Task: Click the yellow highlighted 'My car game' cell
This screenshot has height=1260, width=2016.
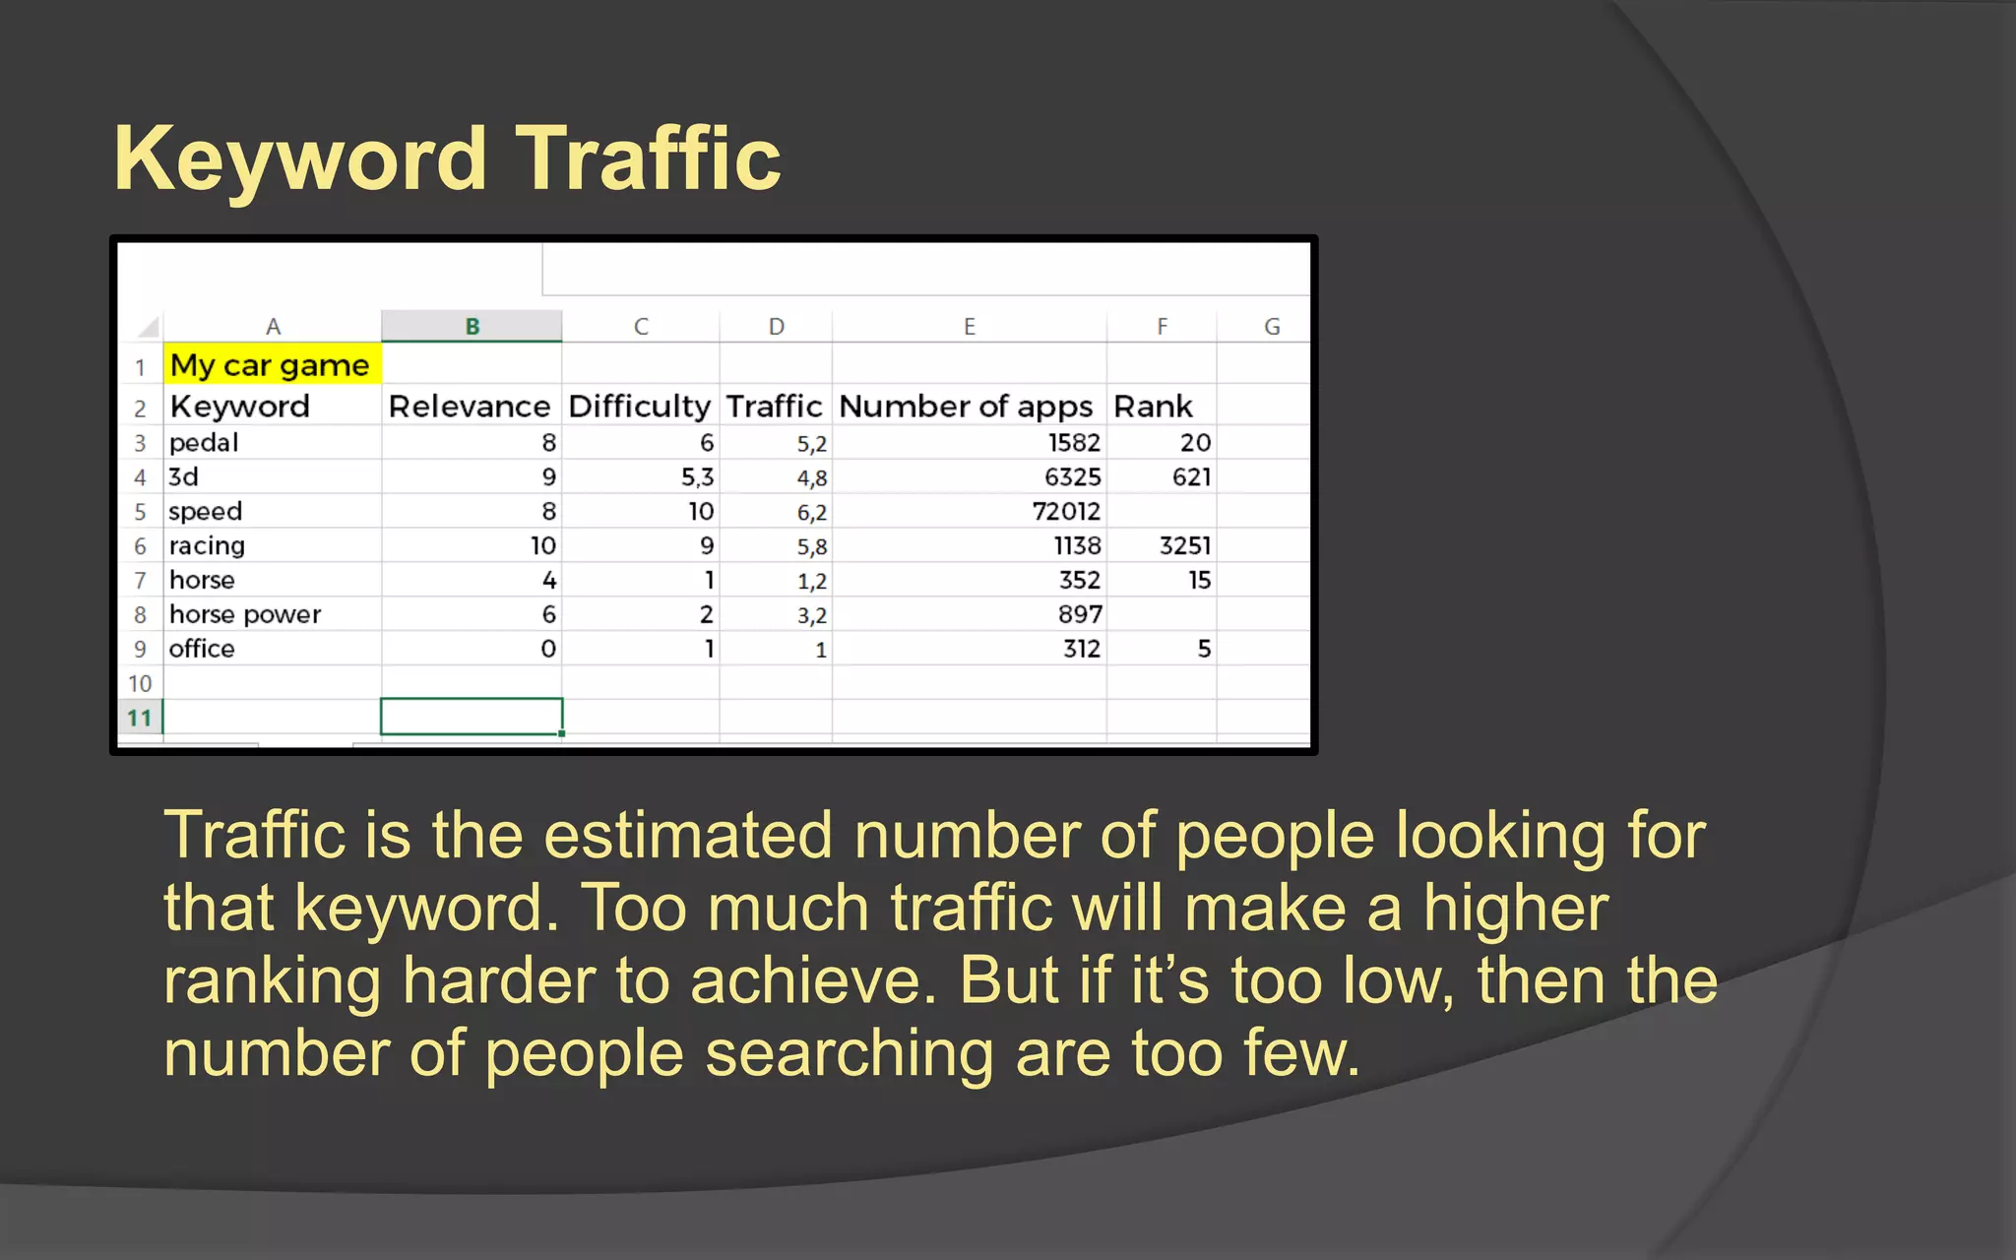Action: coord(271,365)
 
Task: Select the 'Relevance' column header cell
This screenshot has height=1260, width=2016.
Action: coord(470,407)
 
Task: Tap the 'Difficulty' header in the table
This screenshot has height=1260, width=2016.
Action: coord(640,407)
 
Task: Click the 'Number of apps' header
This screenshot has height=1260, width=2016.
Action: coord(966,407)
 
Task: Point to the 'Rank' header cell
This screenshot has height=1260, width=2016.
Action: coord(1153,407)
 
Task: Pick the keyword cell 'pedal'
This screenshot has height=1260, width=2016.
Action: coord(204,443)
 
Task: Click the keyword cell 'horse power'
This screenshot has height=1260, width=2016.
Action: coord(245,614)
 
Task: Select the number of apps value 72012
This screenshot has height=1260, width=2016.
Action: coord(1066,512)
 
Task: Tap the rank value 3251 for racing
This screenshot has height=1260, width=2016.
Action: coord(1184,546)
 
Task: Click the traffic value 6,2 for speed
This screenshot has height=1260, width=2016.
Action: coord(812,513)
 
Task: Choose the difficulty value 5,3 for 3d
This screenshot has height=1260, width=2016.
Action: coord(697,477)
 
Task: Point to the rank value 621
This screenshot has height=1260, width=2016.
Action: coord(1191,477)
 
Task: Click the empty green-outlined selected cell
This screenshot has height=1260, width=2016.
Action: coord(472,717)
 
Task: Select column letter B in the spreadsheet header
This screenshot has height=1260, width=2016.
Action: coord(472,326)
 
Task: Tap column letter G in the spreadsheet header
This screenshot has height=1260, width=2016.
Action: coord(1272,326)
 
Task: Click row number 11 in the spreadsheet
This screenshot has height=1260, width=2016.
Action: coord(140,718)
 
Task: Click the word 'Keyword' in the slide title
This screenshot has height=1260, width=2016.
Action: coord(300,158)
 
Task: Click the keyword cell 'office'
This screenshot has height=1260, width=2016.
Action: coord(202,649)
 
